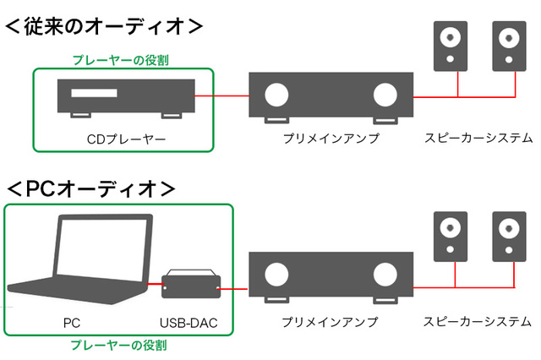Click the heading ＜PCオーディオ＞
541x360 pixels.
(x=91, y=187)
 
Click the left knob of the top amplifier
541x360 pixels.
(x=276, y=94)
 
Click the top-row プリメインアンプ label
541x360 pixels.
(x=331, y=138)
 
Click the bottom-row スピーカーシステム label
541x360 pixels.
(x=478, y=322)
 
